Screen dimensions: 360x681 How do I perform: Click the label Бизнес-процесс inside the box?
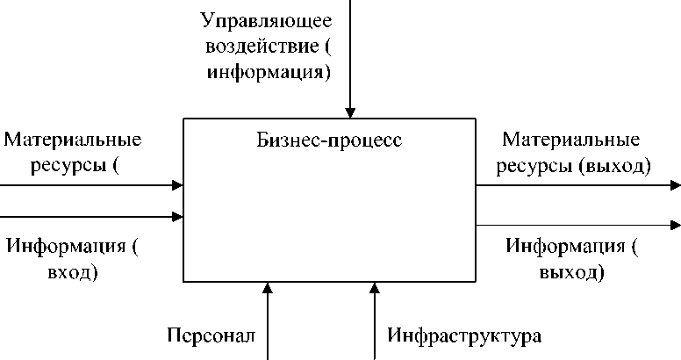[x=329, y=140]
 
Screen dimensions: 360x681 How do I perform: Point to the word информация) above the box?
[x=269, y=72]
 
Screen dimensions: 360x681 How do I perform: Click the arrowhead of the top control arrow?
[x=350, y=112]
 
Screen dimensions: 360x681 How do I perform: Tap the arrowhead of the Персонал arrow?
[x=269, y=288]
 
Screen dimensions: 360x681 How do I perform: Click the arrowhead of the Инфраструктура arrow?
[x=374, y=288]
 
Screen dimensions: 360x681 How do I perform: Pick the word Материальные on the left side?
[x=73, y=140]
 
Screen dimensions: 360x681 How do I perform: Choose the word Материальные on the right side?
[x=570, y=140]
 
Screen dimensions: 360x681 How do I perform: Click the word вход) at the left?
[x=71, y=271]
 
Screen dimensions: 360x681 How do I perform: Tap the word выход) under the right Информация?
[x=571, y=271]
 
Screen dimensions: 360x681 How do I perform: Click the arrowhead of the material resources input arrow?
[x=178, y=185]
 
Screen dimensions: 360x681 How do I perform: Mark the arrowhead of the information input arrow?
[x=178, y=216]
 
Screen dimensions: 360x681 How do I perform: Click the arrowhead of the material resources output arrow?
[x=675, y=185]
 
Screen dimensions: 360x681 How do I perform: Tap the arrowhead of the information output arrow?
[x=675, y=226]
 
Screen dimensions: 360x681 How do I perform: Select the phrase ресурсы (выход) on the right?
[x=574, y=165]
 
